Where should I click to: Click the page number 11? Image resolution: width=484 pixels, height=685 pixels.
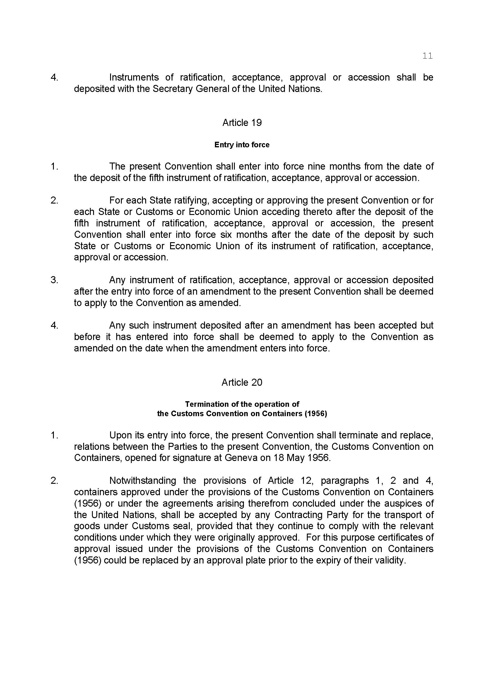[427, 56]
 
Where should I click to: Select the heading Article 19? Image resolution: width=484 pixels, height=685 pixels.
[242, 123]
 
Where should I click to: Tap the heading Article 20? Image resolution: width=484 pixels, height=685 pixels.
[242, 382]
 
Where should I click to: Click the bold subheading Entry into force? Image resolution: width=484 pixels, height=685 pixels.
[242, 145]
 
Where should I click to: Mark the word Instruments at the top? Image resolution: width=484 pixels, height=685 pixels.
[134, 77]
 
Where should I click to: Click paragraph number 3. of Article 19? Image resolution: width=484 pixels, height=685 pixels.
[54, 280]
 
